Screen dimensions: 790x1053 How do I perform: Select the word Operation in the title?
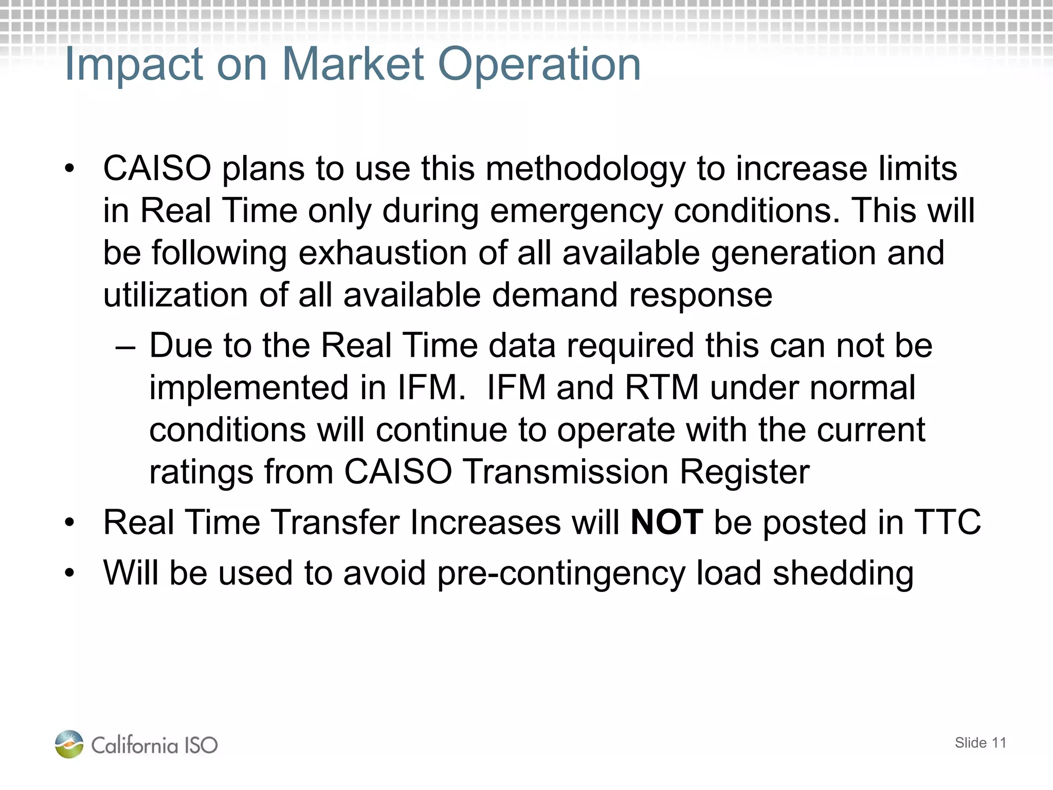tap(539, 65)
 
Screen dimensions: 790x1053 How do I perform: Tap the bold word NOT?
tap(666, 523)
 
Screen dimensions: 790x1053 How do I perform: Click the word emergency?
tap(576, 211)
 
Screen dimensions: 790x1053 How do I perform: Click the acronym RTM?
tap(662, 388)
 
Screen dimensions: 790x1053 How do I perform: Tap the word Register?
tap(745, 472)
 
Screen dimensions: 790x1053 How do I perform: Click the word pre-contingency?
tap(561, 574)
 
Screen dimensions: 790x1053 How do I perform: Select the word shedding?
tap(843, 574)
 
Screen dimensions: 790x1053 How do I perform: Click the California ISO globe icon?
tap(69, 744)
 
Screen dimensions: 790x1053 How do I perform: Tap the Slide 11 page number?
tap(980, 743)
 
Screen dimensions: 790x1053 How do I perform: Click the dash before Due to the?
tap(125, 347)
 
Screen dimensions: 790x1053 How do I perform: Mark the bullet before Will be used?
tap(69, 573)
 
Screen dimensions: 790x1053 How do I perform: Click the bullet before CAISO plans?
tap(69, 169)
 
